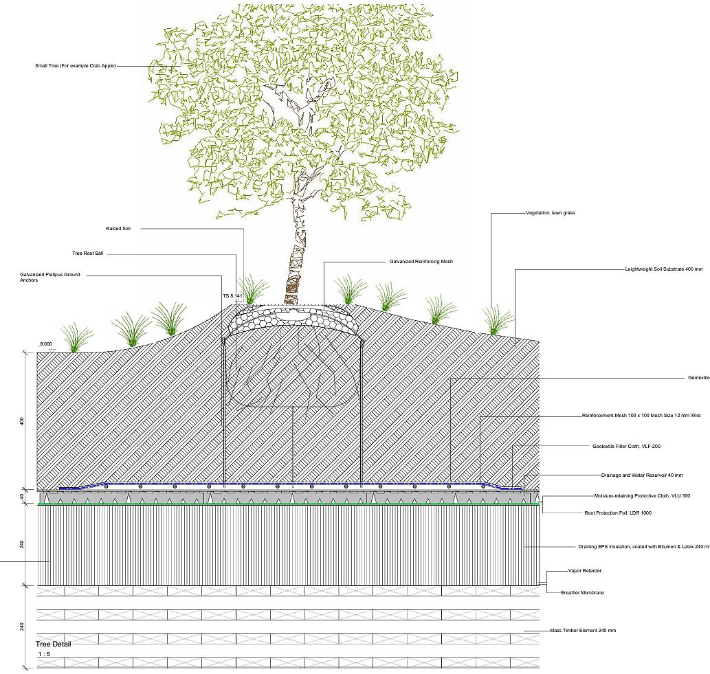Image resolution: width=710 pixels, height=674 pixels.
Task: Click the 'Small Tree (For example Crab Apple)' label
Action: (x=76, y=66)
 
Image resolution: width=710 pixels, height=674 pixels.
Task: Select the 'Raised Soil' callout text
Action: (x=118, y=229)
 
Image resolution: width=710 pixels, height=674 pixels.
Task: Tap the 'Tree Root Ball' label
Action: (x=87, y=254)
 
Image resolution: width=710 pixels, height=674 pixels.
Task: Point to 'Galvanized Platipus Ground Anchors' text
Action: (x=50, y=278)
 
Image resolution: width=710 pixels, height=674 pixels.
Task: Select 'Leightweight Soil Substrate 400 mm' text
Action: (x=664, y=269)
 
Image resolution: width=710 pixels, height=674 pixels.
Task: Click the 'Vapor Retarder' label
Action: (x=585, y=571)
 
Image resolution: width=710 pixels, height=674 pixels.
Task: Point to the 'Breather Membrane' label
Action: (x=582, y=592)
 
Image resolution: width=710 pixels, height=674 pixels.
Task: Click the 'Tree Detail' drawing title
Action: (x=53, y=644)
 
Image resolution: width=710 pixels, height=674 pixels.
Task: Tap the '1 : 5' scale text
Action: (x=43, y=654)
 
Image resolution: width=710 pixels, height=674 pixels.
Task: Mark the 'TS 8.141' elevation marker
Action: (x=232, y=295)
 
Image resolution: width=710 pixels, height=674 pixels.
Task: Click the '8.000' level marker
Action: (x=46, y=344)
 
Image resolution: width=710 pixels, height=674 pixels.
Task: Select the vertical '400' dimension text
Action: (x=22, y=420)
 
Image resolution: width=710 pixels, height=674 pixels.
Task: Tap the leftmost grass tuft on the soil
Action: (x=77, y=337)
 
